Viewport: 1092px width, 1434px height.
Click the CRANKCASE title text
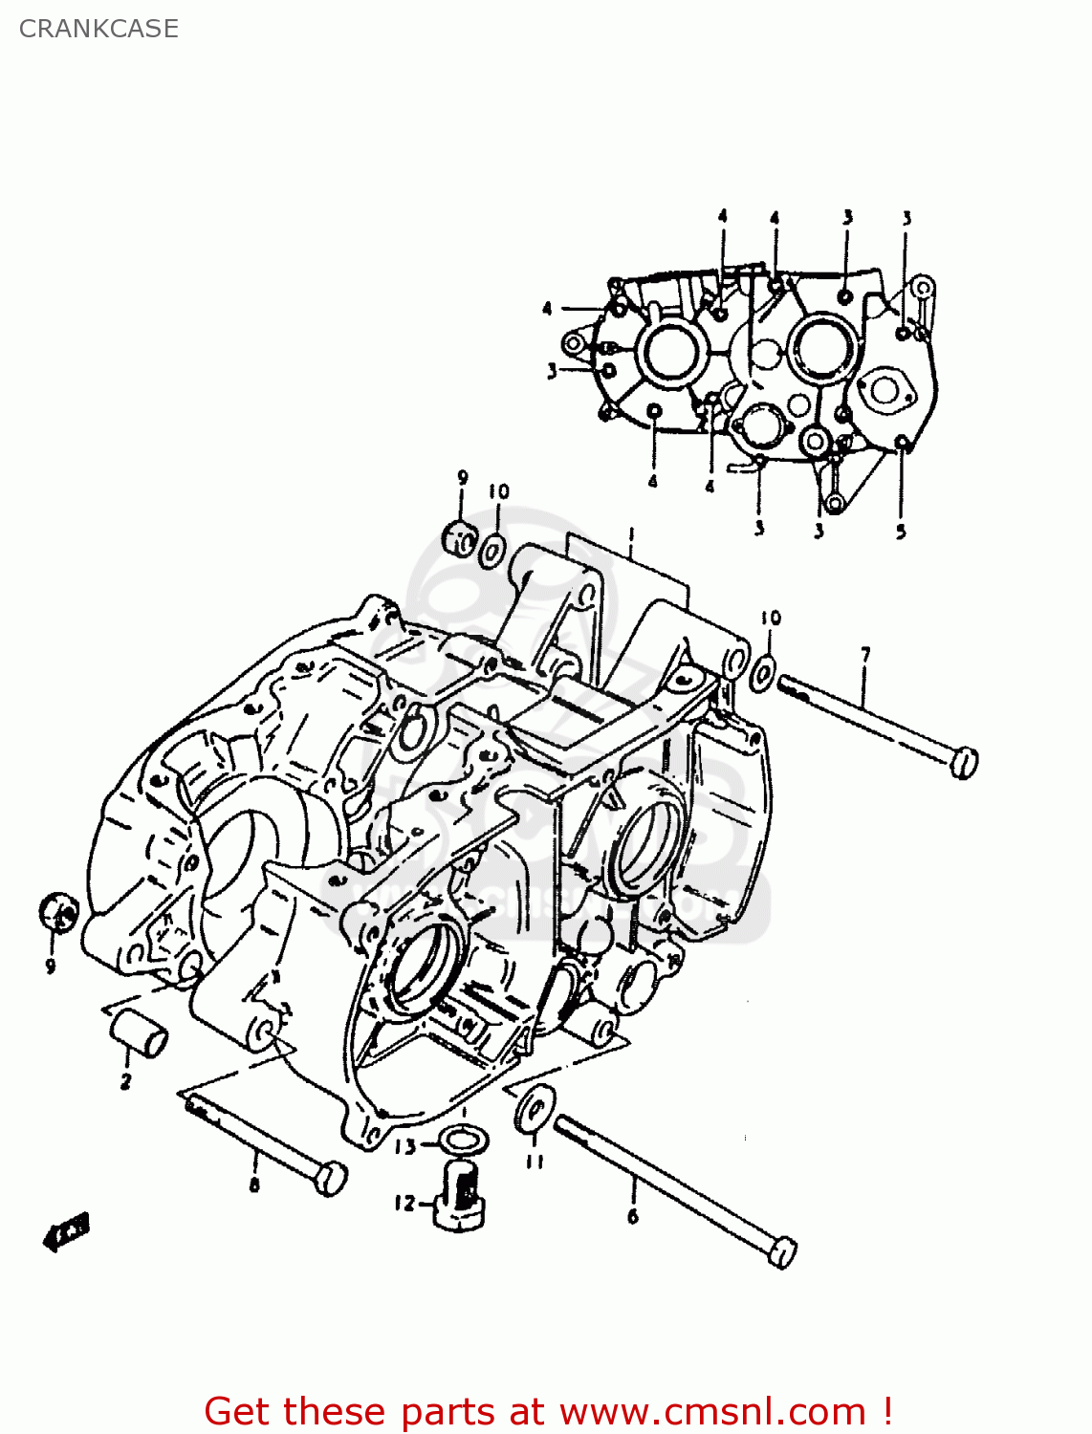98,29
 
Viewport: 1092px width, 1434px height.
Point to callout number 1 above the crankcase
630,534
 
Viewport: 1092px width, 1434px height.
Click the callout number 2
125,1082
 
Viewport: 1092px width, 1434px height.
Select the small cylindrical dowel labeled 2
140,1035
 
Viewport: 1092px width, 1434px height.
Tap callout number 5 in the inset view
901,532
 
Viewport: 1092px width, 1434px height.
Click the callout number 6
632,1216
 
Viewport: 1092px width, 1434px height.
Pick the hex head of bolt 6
782,1251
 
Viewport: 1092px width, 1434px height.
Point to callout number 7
864,655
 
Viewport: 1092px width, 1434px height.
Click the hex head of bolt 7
964,762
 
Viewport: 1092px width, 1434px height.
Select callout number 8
254,1186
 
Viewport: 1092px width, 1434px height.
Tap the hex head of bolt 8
329,1178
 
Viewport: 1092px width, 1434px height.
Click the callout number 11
535,1161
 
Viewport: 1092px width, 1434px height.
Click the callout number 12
405,1203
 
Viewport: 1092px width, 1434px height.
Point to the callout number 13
405,1145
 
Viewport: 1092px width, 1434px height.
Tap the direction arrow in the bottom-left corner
66,1233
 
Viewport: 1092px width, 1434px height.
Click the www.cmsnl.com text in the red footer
711,1411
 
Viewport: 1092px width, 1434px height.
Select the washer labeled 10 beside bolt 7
763,674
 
